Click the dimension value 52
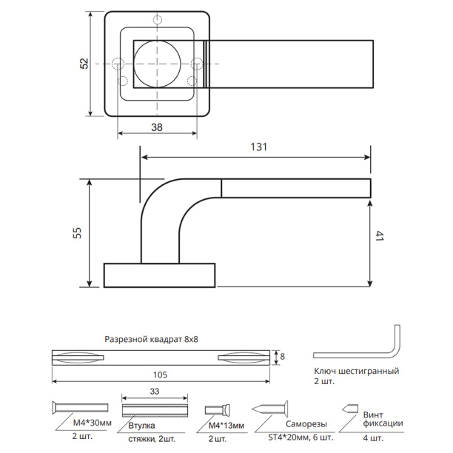[84, 64]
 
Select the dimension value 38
[157, 127]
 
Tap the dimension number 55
[78, 232]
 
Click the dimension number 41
[379, 237]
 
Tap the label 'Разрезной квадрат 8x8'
[152, 338]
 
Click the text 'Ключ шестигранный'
[357, 371]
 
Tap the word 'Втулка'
[141, 426]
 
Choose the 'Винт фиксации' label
[383, 420]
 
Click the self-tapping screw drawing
[270, 409]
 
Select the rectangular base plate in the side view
[159, 275]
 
